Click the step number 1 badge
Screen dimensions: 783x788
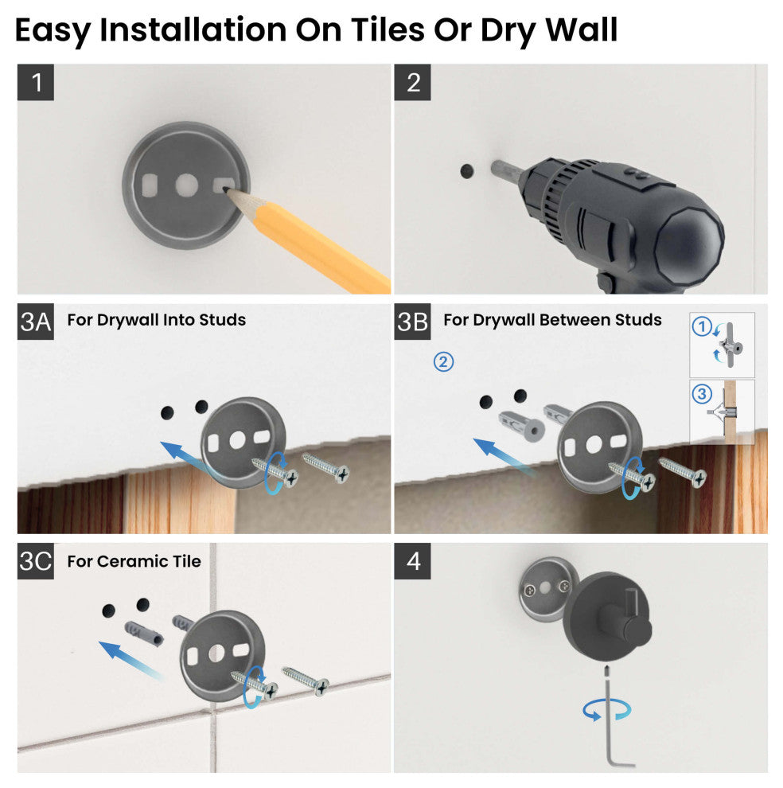36,83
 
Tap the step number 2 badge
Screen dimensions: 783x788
412,83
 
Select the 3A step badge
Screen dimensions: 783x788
36,322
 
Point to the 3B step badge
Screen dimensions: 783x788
412,322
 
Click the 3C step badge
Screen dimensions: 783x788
36,561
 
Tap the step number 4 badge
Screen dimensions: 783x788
412,561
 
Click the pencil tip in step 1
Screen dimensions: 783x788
225,190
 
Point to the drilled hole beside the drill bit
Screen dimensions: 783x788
467,171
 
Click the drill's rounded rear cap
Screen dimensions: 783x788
690,242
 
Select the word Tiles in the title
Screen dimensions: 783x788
388,29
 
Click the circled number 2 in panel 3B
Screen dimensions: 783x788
443,362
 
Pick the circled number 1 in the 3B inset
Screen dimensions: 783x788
702,326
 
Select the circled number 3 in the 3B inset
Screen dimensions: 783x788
702,393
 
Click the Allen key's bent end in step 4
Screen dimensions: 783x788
623,764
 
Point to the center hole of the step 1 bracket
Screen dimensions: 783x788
186,185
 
